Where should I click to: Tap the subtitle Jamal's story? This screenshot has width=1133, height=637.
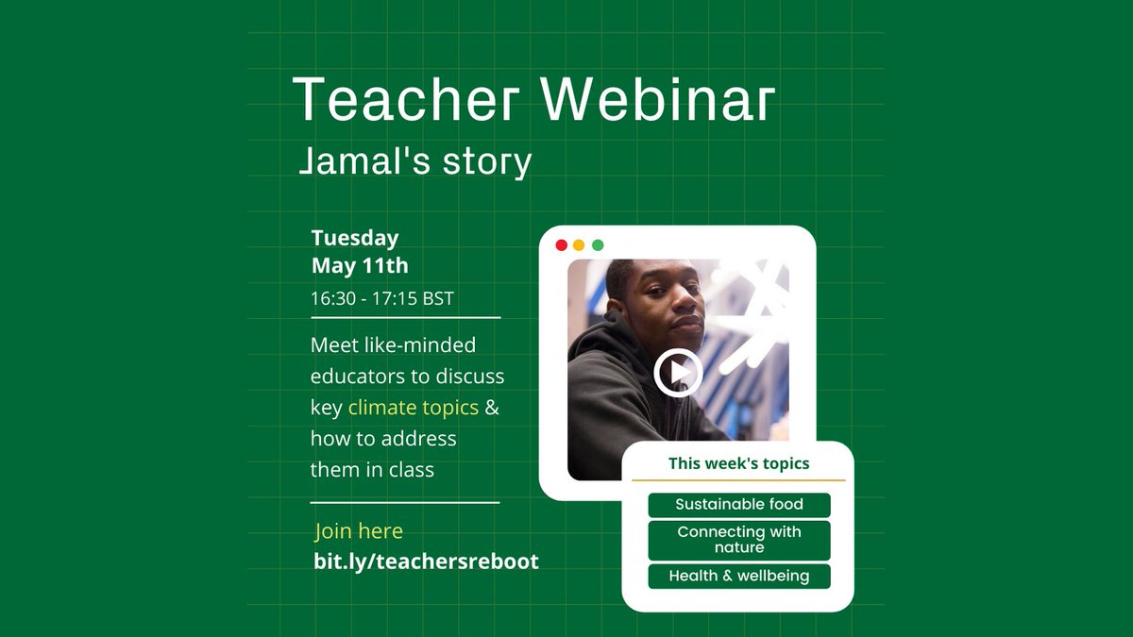(x=414, y=161)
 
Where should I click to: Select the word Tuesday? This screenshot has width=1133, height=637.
(x=355, y=238)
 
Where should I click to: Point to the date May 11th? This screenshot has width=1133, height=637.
(x=360, y=265)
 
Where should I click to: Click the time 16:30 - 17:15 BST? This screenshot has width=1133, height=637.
(x=382, y=299)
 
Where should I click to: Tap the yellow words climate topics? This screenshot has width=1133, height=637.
(x=413, y=408)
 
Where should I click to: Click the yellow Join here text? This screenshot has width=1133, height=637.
(x=359, y=531)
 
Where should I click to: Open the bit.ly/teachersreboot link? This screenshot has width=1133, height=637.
(x=426, y=561)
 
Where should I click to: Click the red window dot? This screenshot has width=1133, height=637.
(x=561, y=245)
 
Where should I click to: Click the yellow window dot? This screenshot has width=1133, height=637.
(x=579, y=245)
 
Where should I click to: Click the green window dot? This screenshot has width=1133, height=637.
(x=597, y=245)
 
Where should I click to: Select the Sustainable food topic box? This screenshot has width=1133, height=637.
(x=738, y=504)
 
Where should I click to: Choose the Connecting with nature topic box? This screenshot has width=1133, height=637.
(x=738, y=540)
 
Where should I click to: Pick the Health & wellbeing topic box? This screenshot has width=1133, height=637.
(x=738, y=576)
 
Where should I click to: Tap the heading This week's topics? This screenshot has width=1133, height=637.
(x=738, y=463)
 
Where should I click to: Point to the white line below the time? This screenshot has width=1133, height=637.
(x=405, y=318)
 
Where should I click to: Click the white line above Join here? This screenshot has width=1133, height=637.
(x=405, y=503)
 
